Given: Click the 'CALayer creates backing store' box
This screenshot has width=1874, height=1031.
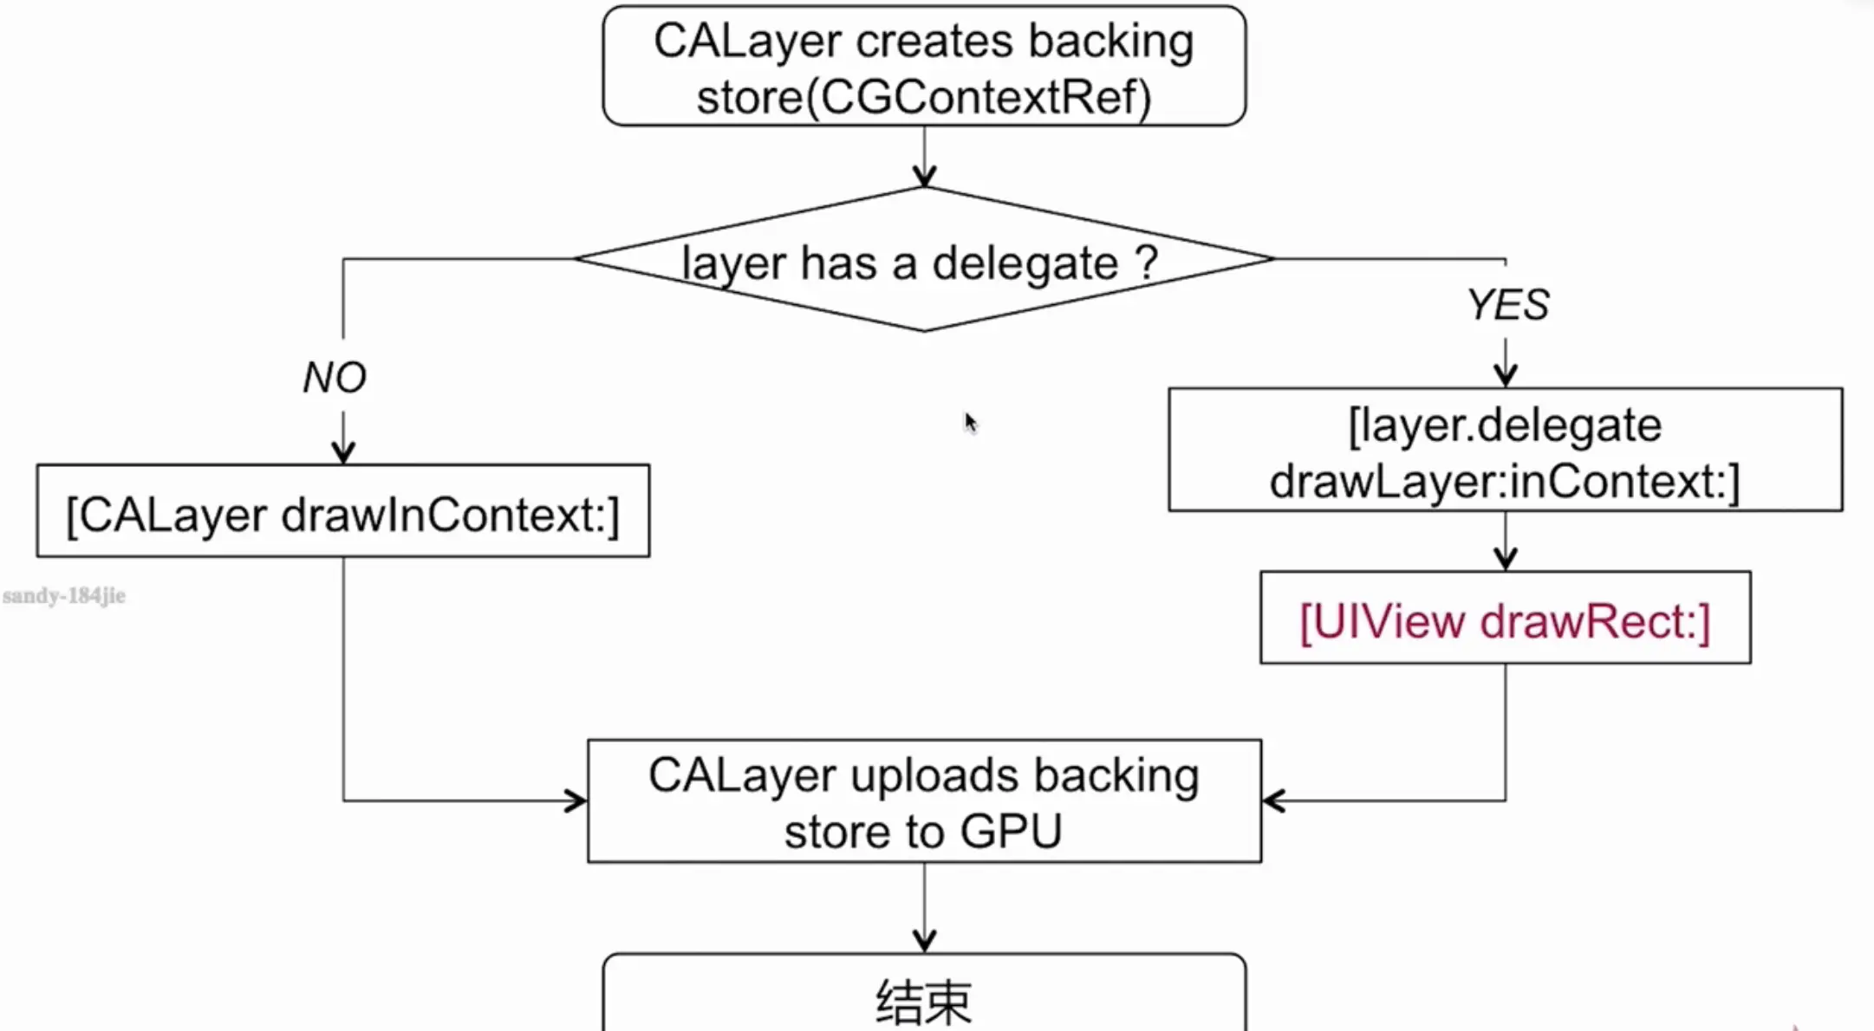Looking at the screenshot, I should pyautogui.click(x=924, y=67).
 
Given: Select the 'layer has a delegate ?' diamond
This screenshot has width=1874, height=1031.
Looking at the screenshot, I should pyautogui.click(x=924, y=260).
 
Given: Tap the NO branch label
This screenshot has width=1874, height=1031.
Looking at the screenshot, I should pyautogui.click(x=335, y=378).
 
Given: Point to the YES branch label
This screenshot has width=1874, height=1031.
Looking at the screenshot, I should pyautogui.click(x=1507, y=305).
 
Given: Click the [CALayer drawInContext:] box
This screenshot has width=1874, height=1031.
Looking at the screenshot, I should pyautogui.click(x=343, y=512).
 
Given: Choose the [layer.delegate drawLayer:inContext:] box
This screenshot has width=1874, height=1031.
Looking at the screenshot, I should pyautogui.click(x=1505, y=451).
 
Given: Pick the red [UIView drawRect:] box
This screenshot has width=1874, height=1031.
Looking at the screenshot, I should pyautogui.click(x=1505, y=619).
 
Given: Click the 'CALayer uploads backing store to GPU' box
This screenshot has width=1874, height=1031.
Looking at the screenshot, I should pyautogui.click(x=924, y=801).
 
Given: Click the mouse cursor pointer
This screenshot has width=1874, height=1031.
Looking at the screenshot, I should pyautogui.click(x=969, y=422).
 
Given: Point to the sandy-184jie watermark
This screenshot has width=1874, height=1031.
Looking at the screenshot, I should pyautogui.click(x=64, y=596).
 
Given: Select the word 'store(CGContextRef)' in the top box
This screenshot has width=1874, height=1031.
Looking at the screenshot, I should pyautogui.click(x=924, y=97).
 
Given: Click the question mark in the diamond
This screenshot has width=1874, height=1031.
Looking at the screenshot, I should pyautogui.click(x=1146, y=262).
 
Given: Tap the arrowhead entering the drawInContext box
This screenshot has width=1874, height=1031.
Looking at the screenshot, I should pyautogui.click(x=343, y=453).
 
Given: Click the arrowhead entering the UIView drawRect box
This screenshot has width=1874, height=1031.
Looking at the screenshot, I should pyautogui.click(x=1505, y=560).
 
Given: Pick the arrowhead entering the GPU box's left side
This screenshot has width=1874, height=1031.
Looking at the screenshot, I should pyautogui.click(x=576, y=801).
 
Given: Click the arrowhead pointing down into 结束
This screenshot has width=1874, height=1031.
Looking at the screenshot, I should pyautogui.click(x=924, y=941).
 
